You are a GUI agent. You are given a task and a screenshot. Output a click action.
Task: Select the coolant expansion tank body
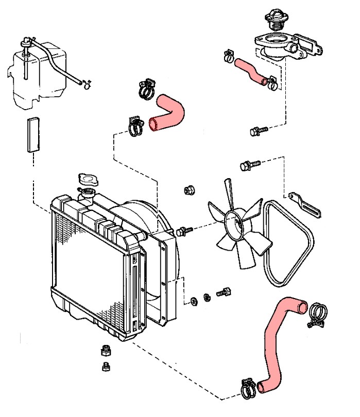(36, 77)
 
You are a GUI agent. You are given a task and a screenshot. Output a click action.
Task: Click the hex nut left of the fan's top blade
(188, 190)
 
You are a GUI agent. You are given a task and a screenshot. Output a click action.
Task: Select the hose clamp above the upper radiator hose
(147, 89)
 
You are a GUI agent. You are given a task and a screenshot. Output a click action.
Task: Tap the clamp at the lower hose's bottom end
(249, 389)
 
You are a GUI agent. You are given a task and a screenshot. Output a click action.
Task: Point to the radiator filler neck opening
(87, 194)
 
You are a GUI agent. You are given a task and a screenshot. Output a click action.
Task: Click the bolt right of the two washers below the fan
(222, 292)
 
